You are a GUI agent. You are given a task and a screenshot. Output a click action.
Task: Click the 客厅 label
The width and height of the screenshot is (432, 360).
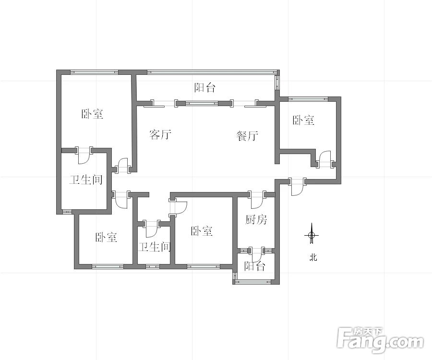[x=160, y=134]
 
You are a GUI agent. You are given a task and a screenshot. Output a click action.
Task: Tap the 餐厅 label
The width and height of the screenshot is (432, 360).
[x=247, y=136]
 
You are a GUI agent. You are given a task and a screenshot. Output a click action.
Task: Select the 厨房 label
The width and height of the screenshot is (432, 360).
[x=256, y=220]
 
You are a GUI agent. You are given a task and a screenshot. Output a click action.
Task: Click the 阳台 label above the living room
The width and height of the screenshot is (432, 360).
[x=205, y=88]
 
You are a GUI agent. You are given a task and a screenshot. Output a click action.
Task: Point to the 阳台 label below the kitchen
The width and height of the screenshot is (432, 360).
[x=254, y=266]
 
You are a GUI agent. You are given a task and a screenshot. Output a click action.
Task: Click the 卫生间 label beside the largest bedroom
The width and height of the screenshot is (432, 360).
[x=86, y=180]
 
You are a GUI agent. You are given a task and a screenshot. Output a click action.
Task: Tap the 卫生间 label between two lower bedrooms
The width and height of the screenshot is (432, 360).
[x=155, y=247]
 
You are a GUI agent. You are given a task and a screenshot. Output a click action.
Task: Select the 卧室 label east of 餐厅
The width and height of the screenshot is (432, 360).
[x=304, y=120]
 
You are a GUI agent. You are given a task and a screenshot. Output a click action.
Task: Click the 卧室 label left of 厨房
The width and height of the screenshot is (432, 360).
[x=202, y=231]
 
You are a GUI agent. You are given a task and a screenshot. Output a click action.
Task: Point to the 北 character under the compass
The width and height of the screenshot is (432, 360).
[x=313, y=258]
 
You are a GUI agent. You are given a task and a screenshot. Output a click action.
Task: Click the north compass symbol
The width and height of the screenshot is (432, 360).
[x=312, y=235]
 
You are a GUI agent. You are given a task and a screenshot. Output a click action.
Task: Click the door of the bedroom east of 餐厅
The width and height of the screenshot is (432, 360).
[x=325, y=160]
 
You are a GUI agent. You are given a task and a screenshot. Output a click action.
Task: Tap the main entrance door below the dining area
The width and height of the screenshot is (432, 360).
[x=297, y=186]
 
